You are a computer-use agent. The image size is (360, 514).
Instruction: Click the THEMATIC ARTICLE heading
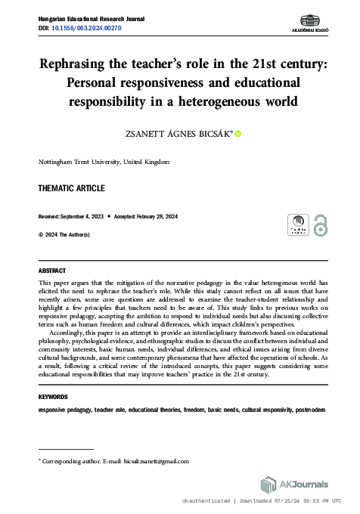tap(71, 188)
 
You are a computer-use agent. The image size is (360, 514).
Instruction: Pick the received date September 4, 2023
tap(83, 215)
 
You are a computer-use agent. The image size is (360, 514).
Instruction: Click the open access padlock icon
tap(321, 224)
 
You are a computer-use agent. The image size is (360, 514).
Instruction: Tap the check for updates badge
tap(298, 224)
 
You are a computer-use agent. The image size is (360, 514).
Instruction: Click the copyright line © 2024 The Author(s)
tap(64, 235)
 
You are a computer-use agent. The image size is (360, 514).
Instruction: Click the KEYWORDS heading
tap(53, 397)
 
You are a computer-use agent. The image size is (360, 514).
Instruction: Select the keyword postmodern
tap(310, 409)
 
